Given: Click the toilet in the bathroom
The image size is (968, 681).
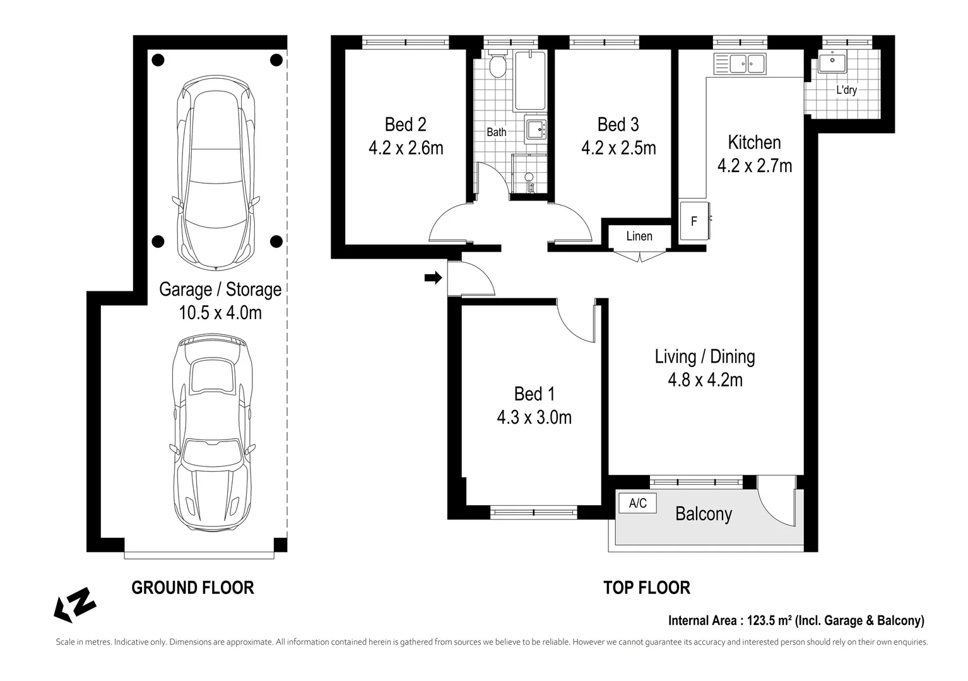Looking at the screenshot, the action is click(x=499, y=64).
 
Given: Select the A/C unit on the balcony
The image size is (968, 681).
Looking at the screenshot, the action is click(x=637, y=503).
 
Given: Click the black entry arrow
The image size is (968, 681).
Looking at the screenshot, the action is click(x=433, y=277).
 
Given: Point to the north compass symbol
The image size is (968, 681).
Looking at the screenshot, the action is click(x=74, y=605).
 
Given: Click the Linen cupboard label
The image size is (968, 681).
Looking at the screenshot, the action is click(x=639, y=236).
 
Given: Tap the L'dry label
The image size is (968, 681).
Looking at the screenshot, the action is click(x=846, y=90).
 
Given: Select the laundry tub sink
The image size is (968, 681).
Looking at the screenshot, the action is click(x=832, y=61).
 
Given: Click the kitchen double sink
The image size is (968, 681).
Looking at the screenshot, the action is click(x=740, y=64).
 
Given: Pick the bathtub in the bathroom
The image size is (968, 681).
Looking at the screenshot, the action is click(x=530, y=80).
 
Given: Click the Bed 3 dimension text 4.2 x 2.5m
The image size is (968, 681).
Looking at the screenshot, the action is click(x=618, y=148).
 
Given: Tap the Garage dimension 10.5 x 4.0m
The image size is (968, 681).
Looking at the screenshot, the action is click(x=220, y=313).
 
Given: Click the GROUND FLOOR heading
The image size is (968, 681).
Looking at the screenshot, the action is click(x=192, y=588).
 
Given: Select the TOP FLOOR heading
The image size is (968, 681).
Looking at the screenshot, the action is click(x=646, y=588).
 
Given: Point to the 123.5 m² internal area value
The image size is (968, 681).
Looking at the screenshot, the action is click(x=770, y=620).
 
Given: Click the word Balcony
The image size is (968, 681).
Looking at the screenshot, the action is click(x=704, y=515).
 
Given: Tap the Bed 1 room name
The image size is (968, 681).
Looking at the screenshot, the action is click(x=534, y=394).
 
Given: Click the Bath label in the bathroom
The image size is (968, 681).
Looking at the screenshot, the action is click(x=497, y=132).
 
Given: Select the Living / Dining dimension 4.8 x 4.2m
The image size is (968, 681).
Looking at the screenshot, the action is click(x=705, y=380).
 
